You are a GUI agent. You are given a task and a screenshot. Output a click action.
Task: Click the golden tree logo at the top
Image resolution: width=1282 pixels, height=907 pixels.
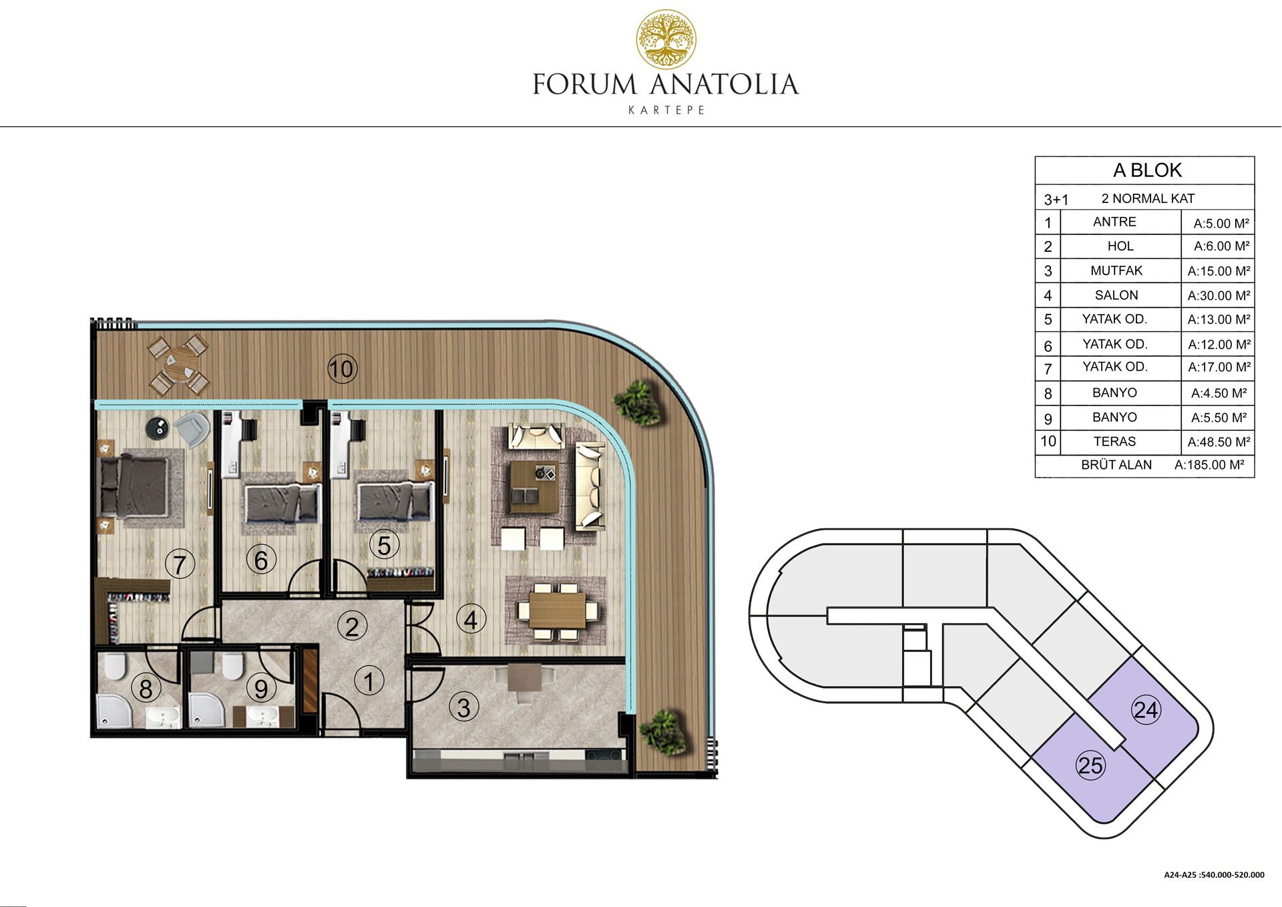point(666,39)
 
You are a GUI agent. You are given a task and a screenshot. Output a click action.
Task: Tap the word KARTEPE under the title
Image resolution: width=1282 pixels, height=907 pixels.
point(666,110)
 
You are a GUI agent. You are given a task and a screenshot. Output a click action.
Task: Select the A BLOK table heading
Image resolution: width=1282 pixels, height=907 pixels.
point(1147,170)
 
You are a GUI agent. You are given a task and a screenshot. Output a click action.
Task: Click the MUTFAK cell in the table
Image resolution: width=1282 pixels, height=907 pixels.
point(1116,270)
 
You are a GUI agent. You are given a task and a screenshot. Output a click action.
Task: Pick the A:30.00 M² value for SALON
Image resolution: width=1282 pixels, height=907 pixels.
point(1219,295)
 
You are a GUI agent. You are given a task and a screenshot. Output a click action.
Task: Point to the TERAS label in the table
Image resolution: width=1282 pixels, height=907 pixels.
point(1114,441)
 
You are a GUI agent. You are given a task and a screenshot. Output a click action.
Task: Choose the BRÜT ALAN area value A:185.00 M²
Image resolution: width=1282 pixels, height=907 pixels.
point(1209,465)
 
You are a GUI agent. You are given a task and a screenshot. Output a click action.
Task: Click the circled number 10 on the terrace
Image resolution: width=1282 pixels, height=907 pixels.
point(342,369)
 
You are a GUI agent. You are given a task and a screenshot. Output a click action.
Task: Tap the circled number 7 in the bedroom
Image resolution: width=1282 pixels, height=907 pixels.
point(179,565)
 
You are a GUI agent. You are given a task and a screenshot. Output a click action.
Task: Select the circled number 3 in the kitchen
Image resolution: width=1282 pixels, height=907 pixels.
point(463,707)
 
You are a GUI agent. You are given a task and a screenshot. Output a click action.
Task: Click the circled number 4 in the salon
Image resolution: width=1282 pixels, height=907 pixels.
point(471,620)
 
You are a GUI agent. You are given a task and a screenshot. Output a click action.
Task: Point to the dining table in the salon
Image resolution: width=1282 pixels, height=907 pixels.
point(556,610)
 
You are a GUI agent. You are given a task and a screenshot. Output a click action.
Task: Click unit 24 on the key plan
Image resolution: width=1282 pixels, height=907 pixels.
point(1146,709)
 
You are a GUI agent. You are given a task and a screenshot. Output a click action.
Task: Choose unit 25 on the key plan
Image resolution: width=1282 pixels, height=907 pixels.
point(1090,765)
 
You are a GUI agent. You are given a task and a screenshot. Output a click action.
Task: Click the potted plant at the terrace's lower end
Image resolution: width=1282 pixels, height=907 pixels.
point(662,732)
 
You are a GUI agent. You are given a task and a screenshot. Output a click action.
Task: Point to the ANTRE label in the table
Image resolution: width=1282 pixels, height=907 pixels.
point(1114,222)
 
